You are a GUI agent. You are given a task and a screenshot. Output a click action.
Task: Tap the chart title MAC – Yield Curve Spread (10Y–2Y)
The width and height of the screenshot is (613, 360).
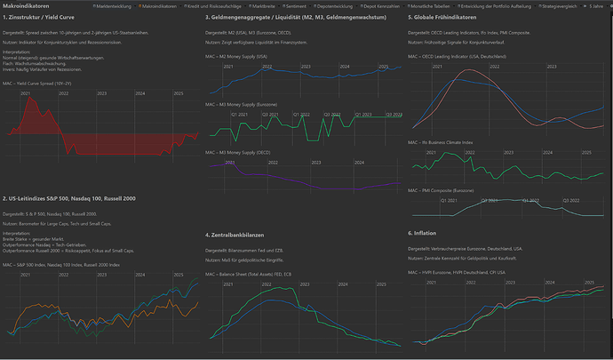point(38,83)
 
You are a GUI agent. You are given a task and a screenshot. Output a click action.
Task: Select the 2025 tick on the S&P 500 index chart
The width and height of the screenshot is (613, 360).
point(179,272)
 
